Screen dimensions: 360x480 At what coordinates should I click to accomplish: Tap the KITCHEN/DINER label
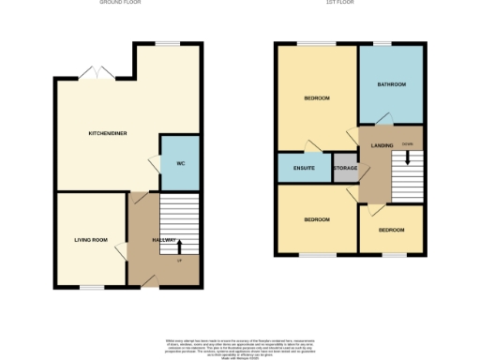coord(107,133)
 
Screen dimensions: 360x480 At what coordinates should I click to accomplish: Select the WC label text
coord(179,163)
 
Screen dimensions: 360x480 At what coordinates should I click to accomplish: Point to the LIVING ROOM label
coord(91,240)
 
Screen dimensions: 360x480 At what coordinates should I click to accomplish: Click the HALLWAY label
coord(164,240)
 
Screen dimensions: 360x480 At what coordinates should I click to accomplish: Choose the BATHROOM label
coord(392,85)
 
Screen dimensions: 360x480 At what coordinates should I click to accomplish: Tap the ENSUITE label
coord(303,168)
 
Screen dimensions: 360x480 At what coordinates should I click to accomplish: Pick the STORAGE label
coord(346,169)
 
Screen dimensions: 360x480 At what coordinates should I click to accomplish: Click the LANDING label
coord(382,145)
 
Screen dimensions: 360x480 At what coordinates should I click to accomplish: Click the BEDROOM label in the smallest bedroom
coord(391,230)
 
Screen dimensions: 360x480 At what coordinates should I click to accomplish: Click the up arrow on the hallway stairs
coord(179,247)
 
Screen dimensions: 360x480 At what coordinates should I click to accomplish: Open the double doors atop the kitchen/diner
coord(92,72)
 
